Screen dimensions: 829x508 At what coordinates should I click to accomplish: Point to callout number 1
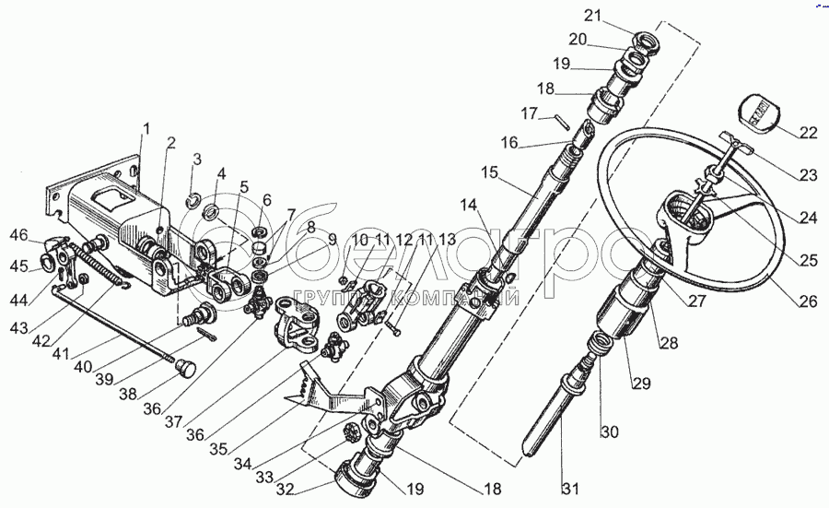pos(145,128)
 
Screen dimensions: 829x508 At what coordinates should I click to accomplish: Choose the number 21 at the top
pos(591,15)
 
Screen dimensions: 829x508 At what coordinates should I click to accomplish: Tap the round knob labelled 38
pos(186,370)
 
